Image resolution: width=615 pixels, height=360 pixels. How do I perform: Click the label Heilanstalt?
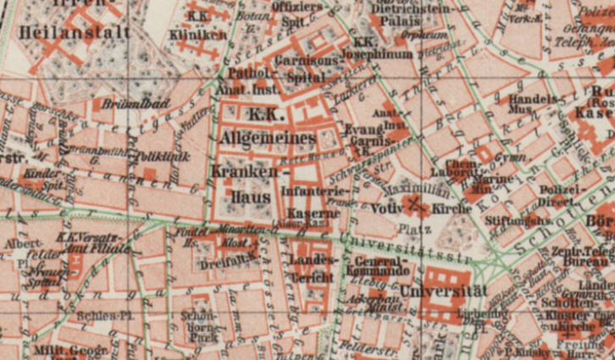coord(64,32)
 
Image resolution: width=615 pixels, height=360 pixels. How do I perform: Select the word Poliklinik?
coord(156,157)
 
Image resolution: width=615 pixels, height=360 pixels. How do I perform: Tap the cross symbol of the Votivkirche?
coord(414,203)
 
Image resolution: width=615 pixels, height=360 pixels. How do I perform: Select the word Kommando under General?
coord(378,272)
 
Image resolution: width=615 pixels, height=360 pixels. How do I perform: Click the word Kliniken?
coord(198,36)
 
